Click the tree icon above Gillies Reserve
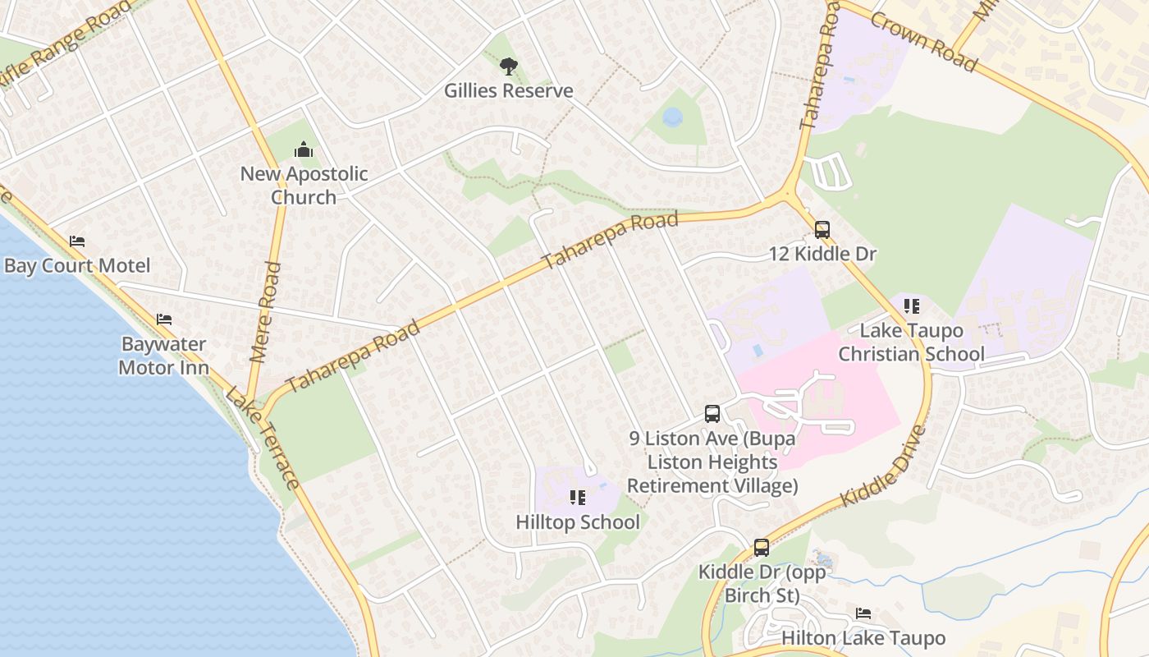tap(509, 66)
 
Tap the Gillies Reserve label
tap(509, 90)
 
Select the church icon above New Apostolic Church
tap(304, 149)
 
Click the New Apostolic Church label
tap(304, 186)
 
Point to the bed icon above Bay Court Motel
tap(77, 241)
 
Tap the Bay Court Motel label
tap(77, 265)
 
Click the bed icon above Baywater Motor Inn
tap(164, 319)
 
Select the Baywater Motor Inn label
tap(163, 356)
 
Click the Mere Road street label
tap(265, 312)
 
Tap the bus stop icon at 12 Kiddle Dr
tap(822, 230)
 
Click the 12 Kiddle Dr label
tap(822, 254)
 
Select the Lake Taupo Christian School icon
tap(911, 306)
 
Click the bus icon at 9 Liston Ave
tap(712, 414)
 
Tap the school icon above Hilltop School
tap(578, 498)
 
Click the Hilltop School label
tap(578, 521)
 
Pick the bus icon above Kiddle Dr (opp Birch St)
tap(762, 547)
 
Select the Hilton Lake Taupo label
tap(863, 638)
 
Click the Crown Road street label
tap(924, 41)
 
